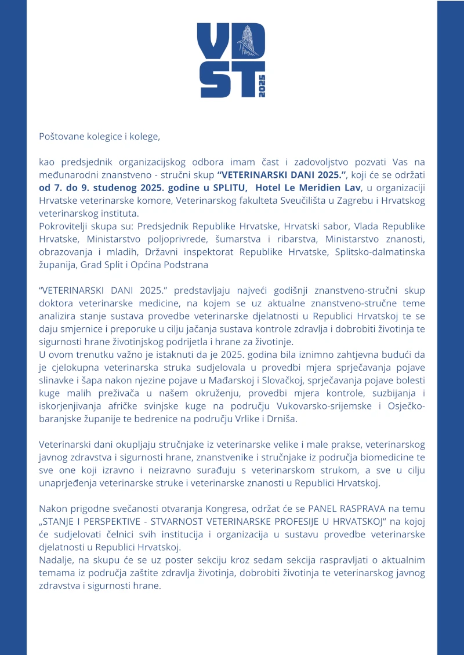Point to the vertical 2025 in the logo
(262, 86)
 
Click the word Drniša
(281, 419)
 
